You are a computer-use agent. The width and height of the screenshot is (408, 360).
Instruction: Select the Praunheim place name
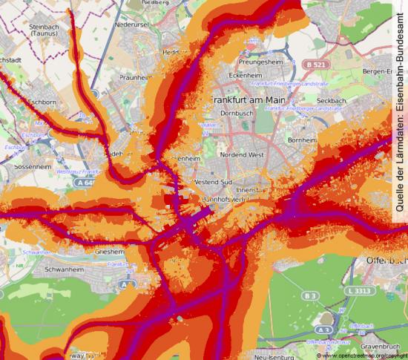click(135, 76)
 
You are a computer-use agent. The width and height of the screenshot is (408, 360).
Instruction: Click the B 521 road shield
click(314, 65)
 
